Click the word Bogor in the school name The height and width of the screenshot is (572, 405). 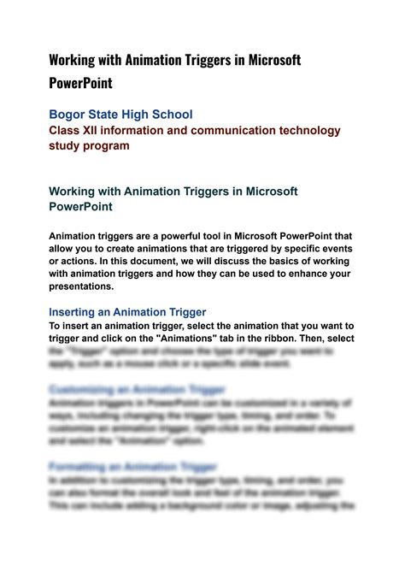pyautogui.click(x=67, y=114)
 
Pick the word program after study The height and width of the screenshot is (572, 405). pyautogui.click(x=105, y=145)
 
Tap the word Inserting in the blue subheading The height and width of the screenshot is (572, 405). pyautogui.click(x=78, y=312)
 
